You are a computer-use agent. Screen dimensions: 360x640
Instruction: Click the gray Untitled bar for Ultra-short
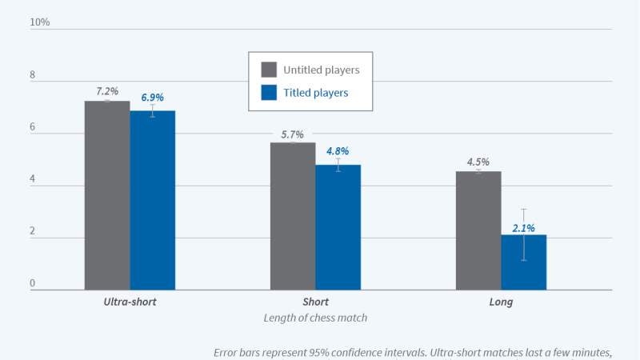coord(107,195)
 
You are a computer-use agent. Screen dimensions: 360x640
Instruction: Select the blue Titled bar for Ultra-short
coord(152,200)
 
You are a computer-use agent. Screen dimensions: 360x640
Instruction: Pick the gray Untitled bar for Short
coord(293,216)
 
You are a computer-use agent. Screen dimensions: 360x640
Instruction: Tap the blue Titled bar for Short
coord(338,227)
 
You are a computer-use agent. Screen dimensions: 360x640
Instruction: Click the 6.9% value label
coord(152,98)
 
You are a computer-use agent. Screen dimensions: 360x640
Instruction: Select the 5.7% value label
coord(293,134)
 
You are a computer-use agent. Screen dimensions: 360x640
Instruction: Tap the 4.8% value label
coord(338,150)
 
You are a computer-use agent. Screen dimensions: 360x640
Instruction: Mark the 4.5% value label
coord(478,162)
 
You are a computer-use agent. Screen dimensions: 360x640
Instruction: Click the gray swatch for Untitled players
coord(269,70)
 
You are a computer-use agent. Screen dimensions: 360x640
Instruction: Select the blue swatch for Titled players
coord(269,93)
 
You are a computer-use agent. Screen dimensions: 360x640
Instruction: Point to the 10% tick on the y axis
coord(39,22)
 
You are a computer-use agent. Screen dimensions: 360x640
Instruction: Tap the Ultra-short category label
coord(130,302)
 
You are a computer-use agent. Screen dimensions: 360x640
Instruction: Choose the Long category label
coord(501,302)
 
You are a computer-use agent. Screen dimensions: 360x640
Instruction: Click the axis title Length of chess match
coord(315,318)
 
